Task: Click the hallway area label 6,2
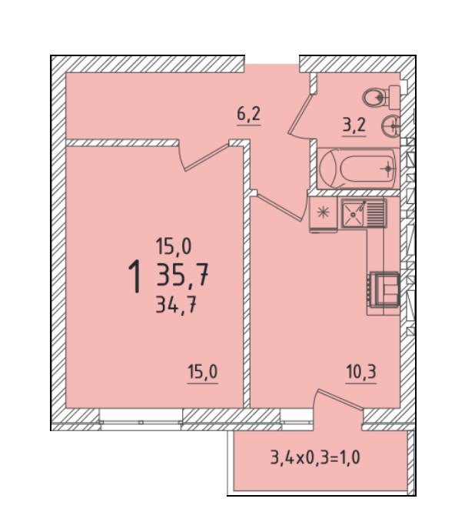[x=248, y=115]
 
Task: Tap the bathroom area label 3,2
[x=354, y=125]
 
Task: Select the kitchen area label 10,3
[x=361, y=372]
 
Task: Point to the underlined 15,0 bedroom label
[x=203, y=372]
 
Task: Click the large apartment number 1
[x=135, y=276]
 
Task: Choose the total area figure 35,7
[x=182, y=275]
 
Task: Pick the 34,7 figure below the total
[x=176, y=306]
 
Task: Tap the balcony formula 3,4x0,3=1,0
[x=315, y=457]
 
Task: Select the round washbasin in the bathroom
[x=390, y=125]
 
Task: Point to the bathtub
[x=358, y=169]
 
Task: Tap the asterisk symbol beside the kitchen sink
[x=324, y=212]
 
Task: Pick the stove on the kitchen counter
[x=384, y=289]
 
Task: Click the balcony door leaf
[x=340, y=398]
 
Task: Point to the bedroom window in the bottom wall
[x=141, y=417]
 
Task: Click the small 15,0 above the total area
[x=174, y=246]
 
